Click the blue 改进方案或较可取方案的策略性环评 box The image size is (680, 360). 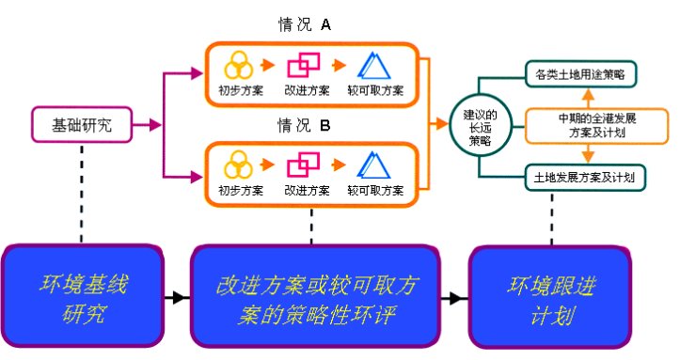[x=313, y=296]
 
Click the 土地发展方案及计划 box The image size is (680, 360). [x=584, y=176]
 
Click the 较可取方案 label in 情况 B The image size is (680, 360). [x=375, y=190]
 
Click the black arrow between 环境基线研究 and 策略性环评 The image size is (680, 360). [x=174, y=297]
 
